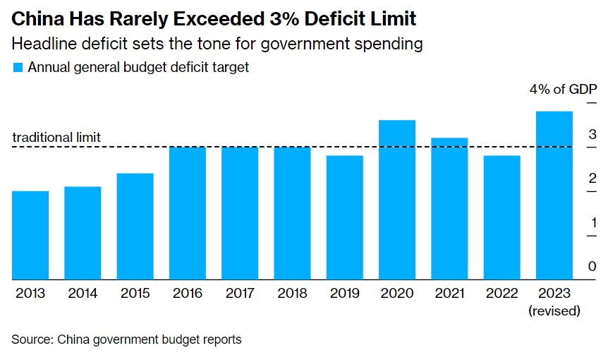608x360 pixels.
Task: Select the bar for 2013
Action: click(30, 235)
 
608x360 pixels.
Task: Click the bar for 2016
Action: click(187, 213)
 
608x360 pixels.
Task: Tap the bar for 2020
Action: click(397, 200)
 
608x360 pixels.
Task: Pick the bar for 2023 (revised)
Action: click(554, 196)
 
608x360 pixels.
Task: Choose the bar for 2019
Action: click(344, 217)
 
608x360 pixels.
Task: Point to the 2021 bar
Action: click(449, 208)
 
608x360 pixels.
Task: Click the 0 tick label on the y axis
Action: click(592, 267)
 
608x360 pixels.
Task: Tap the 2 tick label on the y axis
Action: click(592, 179)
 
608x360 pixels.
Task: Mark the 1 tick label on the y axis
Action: click(592, 223)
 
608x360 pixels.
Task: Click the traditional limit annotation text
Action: click(57, 138)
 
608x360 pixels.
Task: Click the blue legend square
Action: click(17, 68)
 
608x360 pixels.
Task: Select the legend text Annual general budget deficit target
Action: click(138, 68)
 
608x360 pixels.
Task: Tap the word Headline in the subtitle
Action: click(42, 44)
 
